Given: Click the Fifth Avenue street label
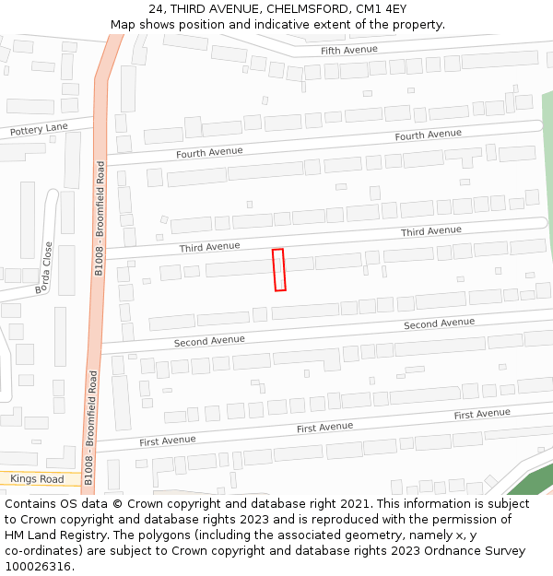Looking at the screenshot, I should [349, 49].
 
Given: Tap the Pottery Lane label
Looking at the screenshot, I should [39, 130].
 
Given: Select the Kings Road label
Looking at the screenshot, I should [38, 479].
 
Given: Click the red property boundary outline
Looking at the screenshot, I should [279, 270].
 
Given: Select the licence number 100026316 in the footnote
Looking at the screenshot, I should [40, 567].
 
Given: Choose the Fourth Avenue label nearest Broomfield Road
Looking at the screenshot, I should [209, 152].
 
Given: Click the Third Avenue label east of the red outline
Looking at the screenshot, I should [430, 230].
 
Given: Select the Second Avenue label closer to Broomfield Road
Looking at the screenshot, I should [209, 341].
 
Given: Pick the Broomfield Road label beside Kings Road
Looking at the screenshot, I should [89, 429].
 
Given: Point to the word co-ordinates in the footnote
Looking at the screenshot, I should [45, 551].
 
